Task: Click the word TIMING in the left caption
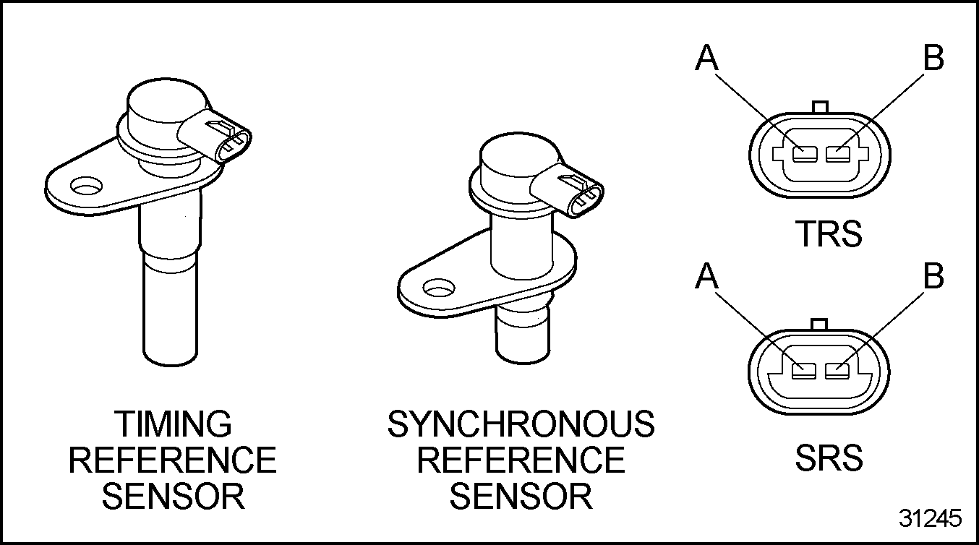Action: coord(174,424)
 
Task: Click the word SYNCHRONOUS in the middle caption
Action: coord(521,424)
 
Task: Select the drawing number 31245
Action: coord(931,518)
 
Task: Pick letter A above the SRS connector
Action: coord(708,276)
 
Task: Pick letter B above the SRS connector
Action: coord(933,276)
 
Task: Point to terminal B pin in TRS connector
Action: coord(837,154)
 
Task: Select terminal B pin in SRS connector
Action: coord(837,371)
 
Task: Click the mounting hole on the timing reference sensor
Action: coord(86,189)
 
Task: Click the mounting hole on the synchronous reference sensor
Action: coord(437,291)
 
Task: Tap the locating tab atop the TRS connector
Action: coord(820,107)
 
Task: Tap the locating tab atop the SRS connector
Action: coord(820,324)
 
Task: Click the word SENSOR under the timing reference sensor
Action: coord(174,497)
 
